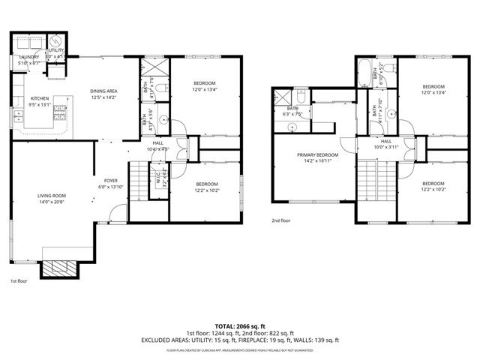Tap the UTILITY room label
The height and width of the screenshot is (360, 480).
click(56, 51)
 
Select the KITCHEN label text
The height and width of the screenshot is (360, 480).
click(39, 99)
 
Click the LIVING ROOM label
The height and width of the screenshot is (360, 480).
click(52, 196)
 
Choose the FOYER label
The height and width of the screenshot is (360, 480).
click(111, 181)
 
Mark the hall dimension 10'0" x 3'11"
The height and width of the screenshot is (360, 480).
click(385, 147)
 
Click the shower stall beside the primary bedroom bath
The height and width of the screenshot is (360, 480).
click(283, 97)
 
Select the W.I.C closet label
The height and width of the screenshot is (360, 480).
click(159, 178)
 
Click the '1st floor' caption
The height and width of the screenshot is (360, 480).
click(19, 281)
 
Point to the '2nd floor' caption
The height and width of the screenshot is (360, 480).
click(282, 220)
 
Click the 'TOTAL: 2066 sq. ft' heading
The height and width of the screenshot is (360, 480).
click(239, 326)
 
